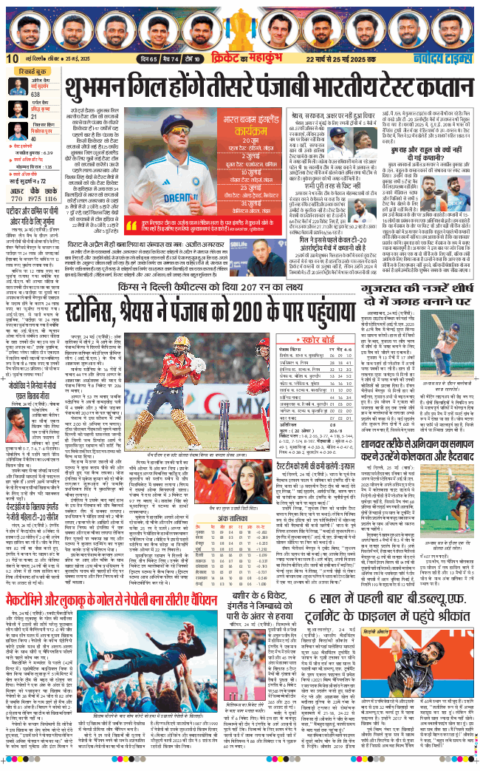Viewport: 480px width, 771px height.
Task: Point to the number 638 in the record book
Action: (x=35, y=94)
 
